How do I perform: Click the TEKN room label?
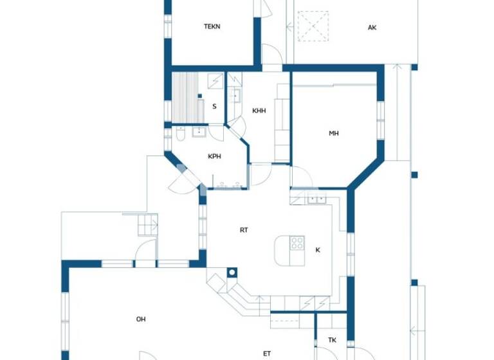click(x=212, y=26)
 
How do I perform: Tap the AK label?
click(x=372, y=28)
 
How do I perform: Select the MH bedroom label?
click(x=334, y=134)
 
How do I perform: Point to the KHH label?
click(x=259, y=111)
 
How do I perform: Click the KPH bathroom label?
click(x=215, y=156)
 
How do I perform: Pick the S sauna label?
click(x=214, y=107)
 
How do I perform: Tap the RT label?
click(x=244, y=230)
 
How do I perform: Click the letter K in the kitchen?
click(x=317, y=249)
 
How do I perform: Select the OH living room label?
click(x=141, y=319)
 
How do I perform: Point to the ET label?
click(x=267, y=353)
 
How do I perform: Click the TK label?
click(x=332, y=340)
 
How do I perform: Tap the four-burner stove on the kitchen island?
click(x=297, y=243)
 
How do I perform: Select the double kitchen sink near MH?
click(x=316, y=197)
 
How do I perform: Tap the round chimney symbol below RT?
click(x=232, y=272)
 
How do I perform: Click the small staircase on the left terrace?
click(x=148, y=225)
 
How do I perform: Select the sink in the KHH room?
click(x=235, y=96)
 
